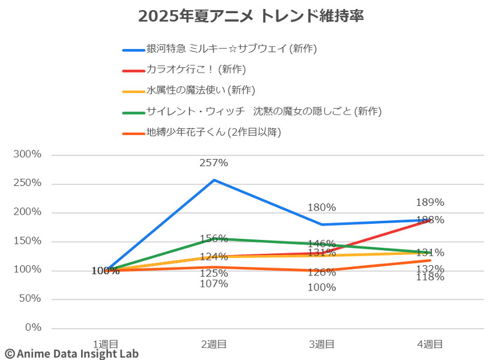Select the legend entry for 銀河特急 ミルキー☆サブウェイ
pos(232,49)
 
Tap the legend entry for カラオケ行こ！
pos(196,70)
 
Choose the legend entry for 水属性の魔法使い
pos(200,90)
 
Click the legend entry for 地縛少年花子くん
pos(214,132)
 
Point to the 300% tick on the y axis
pos(28,154)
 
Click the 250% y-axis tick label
pos(28,183)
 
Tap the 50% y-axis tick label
pos(31,299)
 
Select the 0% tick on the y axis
pos(34,328)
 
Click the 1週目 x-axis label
pos(106,344)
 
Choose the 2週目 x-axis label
pos(214,344)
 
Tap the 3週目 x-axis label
pos(321,344)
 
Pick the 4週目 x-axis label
pos(429,344)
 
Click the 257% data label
pos(214,163)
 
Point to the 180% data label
pos(321,208)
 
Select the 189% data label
pos(429,202)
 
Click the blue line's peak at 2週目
pos(214,179)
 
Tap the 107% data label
pos(214,284)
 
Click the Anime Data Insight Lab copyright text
pos(71,353)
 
